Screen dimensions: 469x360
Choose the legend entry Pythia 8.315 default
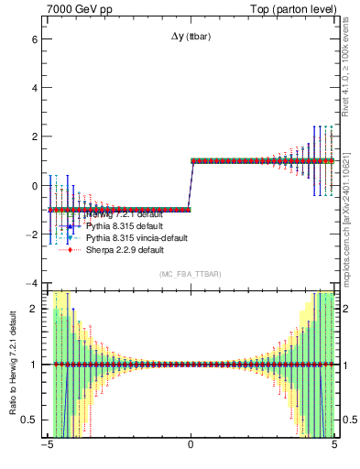123,225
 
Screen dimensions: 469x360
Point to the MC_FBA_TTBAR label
190,274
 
